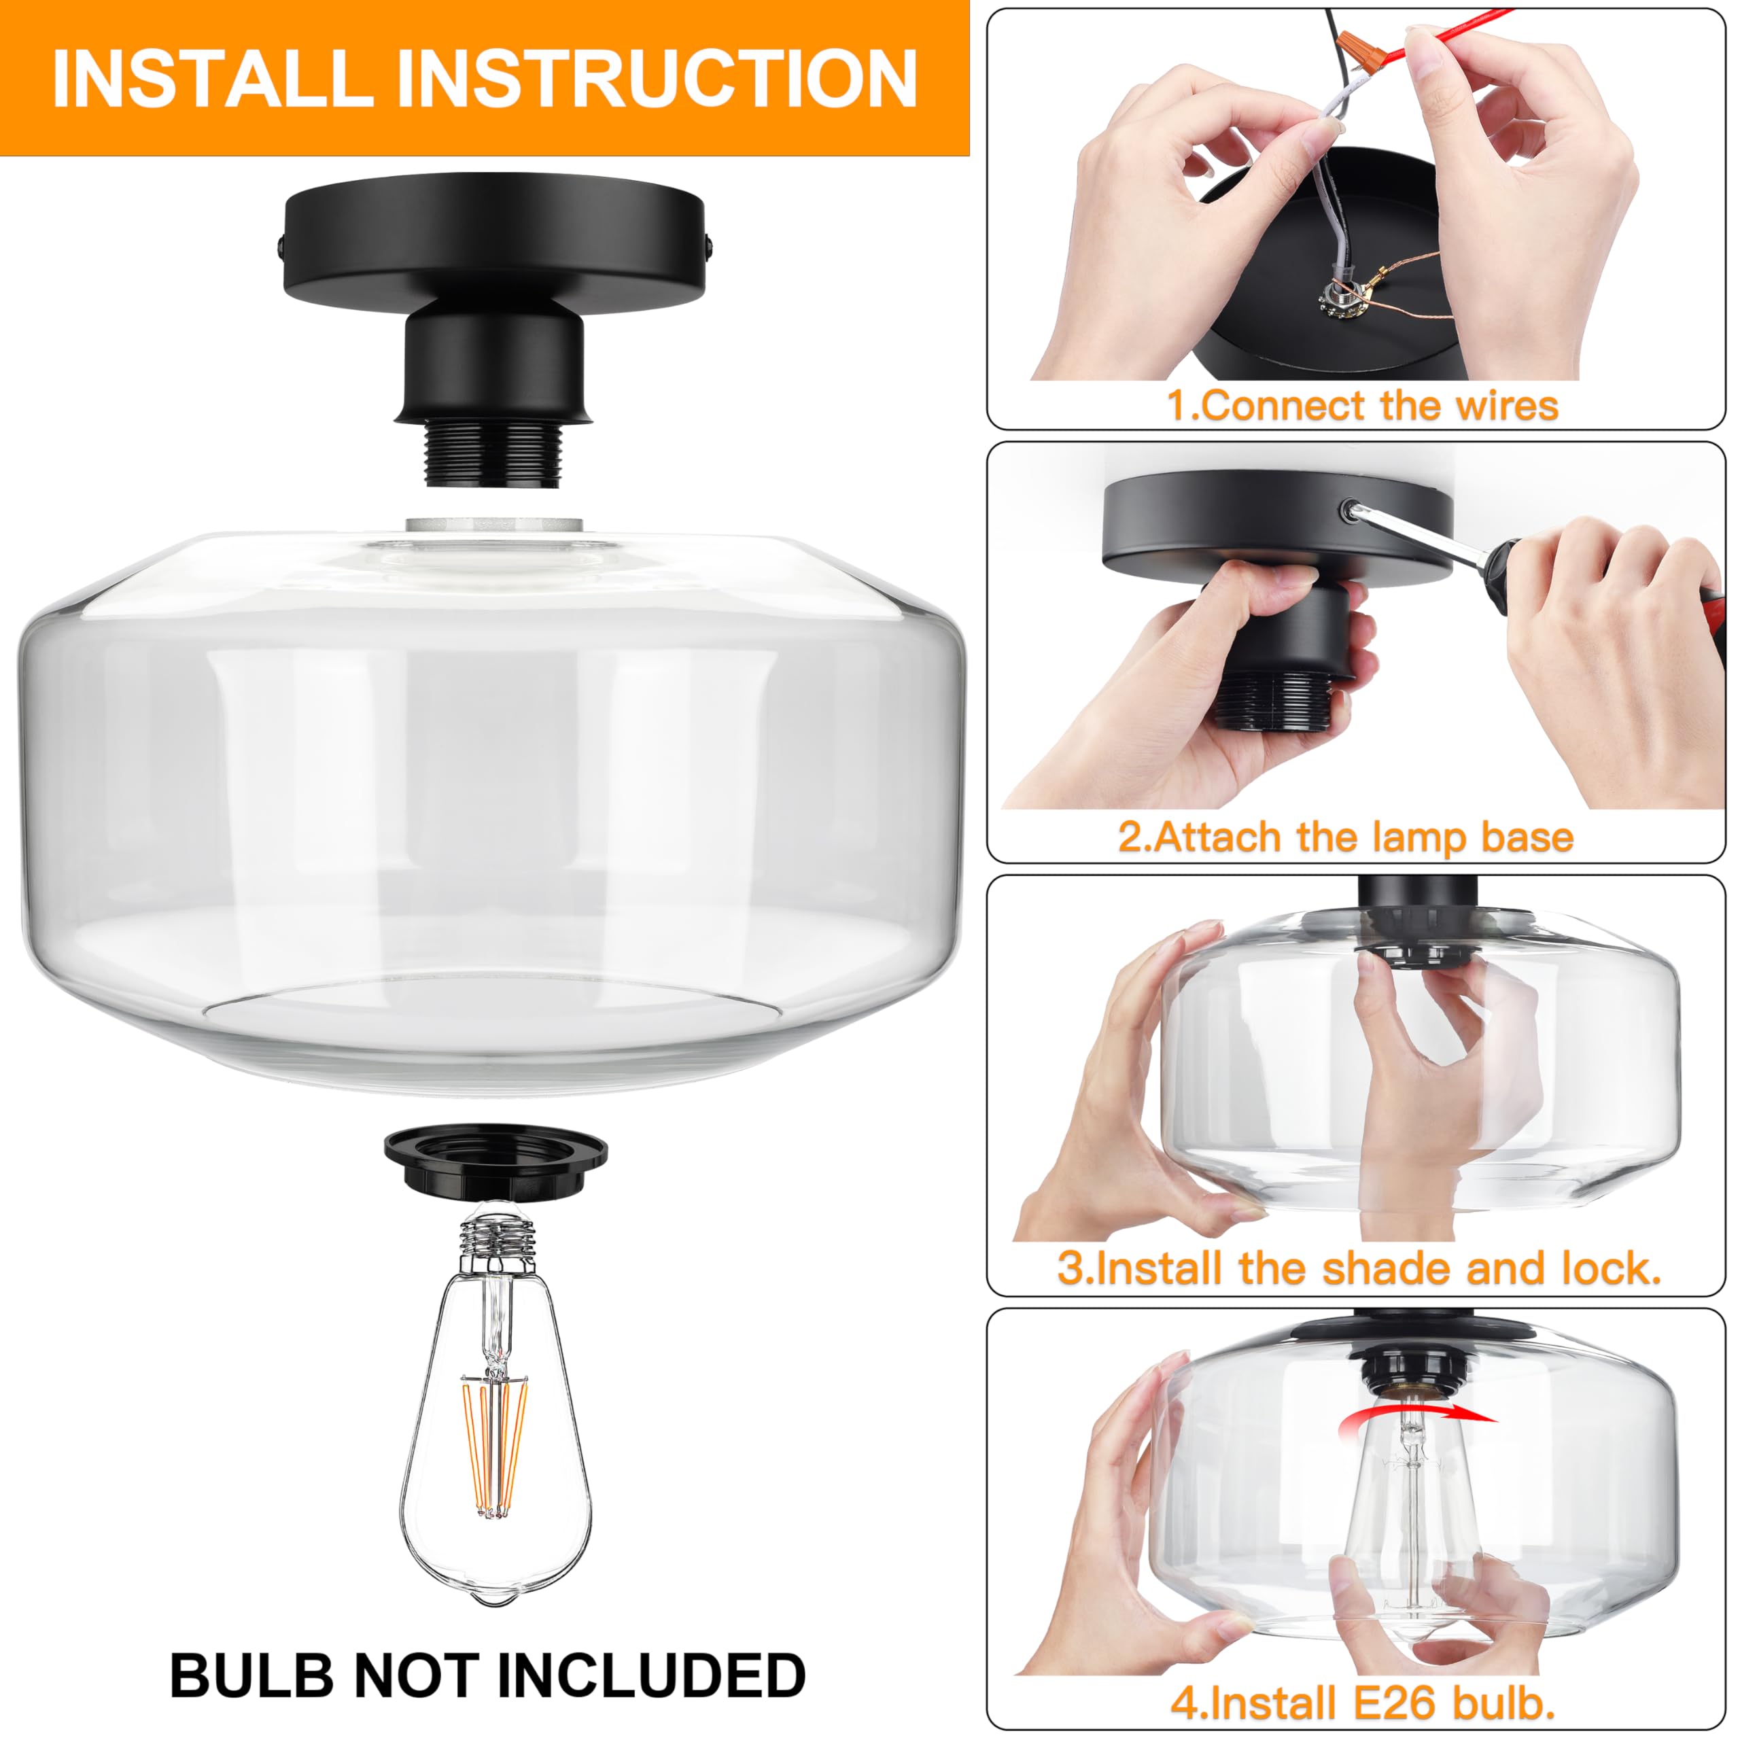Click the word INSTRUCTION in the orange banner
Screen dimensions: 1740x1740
(x=657, y=80)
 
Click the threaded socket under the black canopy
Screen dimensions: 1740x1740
(x=494, y=455)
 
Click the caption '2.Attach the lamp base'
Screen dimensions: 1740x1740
(x=1346, y=837)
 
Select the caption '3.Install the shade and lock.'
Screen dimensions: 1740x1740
(x=1360, y=1269)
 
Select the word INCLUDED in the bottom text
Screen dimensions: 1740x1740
(x=650, y=1676)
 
